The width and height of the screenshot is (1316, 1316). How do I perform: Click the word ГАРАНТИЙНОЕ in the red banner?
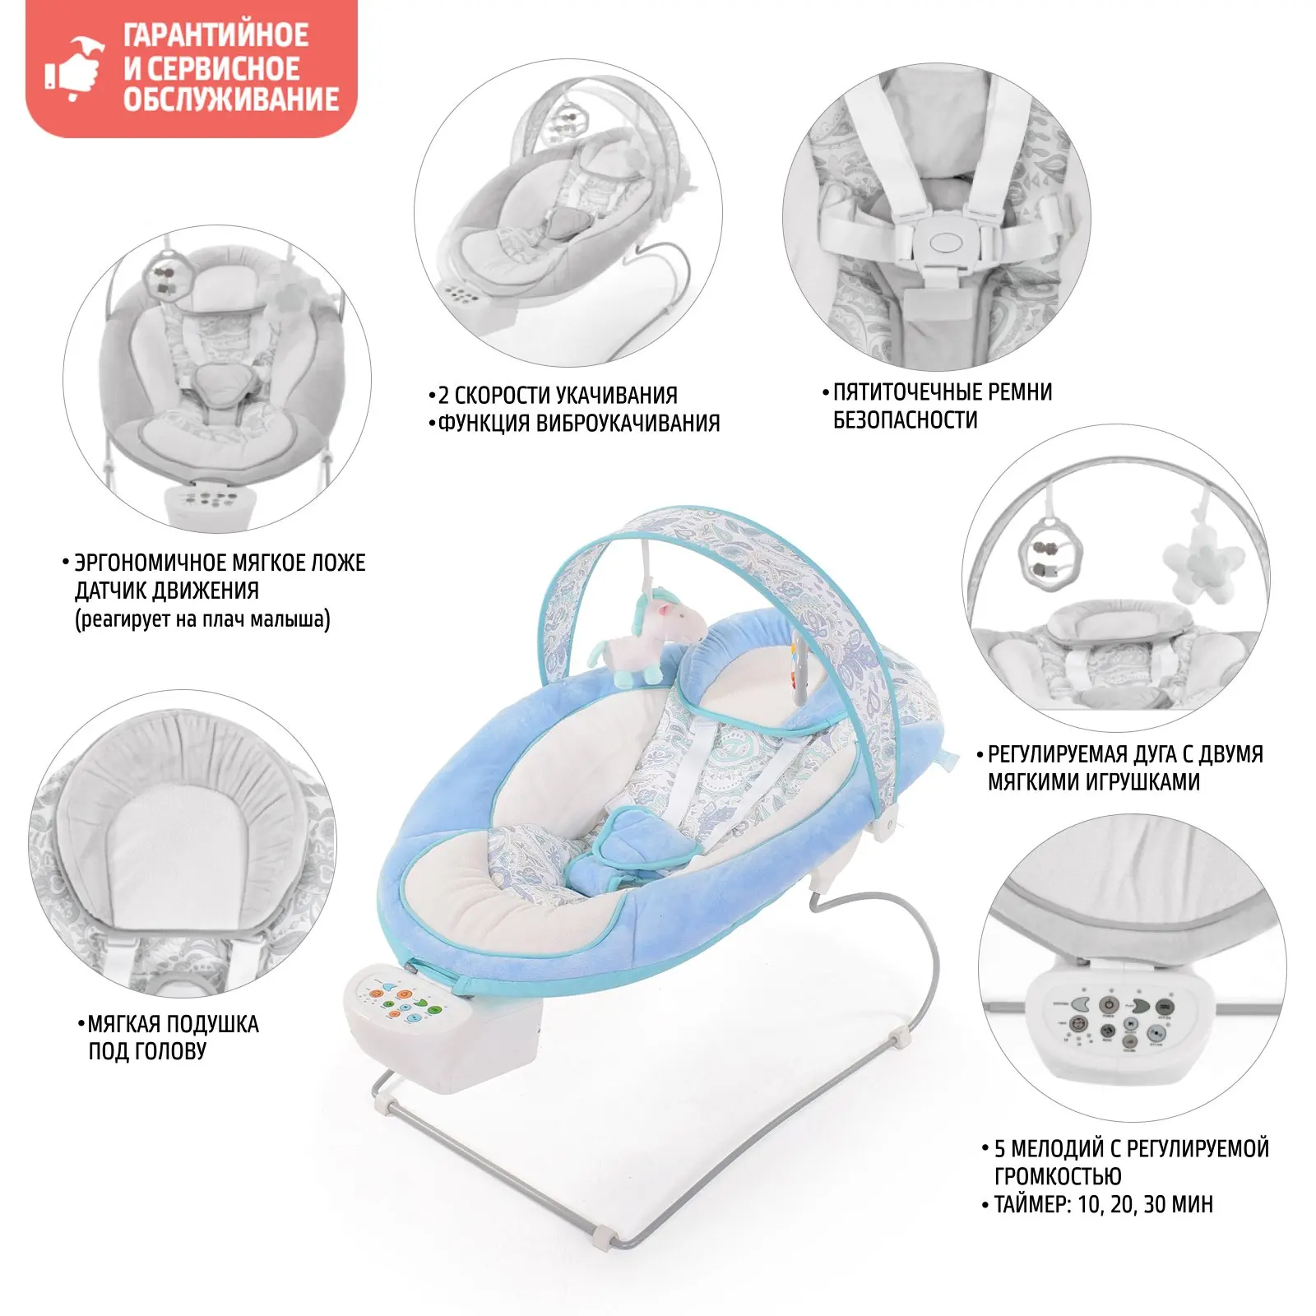click(215, 36)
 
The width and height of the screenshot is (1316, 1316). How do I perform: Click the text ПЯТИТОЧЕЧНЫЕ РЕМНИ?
click(943, 392)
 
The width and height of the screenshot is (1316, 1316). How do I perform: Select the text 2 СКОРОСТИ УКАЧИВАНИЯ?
click(557, 396)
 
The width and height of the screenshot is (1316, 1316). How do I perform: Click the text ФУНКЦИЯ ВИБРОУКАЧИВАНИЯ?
click(578, 424)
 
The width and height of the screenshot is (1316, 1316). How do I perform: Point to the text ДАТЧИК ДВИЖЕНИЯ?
click(166, 591)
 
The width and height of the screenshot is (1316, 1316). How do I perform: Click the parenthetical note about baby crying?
click(202, 619)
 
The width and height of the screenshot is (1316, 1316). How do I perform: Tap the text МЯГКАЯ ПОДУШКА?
click(173, 1024)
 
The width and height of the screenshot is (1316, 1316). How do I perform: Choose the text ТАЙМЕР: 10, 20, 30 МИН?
click(1103, 1205)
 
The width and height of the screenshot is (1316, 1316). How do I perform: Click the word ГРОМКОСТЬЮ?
click(1058, 1176)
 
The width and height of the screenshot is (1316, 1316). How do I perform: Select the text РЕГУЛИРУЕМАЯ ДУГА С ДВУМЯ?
click(1124, 754)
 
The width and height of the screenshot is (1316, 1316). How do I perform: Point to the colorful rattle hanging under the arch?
click(799, 670)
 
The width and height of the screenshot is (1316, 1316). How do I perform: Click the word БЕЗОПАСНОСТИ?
click(905, 420)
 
